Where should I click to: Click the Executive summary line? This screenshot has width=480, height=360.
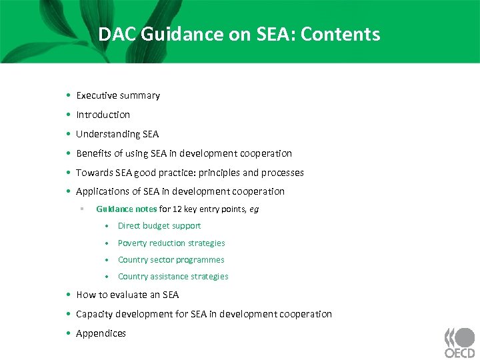tap(118, 95)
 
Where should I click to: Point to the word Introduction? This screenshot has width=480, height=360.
tap(103, 115)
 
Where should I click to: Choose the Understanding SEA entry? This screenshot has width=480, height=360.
tap(117, 134)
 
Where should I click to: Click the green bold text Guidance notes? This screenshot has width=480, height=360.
tap(127, 209)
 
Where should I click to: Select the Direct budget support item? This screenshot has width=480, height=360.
tap(159, 226)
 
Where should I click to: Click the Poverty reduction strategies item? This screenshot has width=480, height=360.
tap(171, 243)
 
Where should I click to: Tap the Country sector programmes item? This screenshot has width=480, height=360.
tap(171, 260)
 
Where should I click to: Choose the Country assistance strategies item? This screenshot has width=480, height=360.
tap(173, 277)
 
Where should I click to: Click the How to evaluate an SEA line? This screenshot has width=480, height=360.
tap(127, 295)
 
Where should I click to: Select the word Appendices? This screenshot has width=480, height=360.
tap(101, 333)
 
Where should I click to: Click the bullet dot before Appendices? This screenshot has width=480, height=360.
tap(69, 333)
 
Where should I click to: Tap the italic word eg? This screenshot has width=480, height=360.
tap(254, 209)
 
